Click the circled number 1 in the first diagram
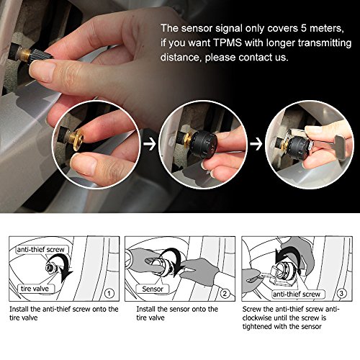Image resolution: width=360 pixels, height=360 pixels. point(109,293)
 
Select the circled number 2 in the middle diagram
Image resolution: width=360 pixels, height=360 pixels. point(225,293)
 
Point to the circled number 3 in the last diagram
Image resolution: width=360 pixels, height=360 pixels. point(341,293)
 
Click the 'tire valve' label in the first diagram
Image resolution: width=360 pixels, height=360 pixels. point(35,289)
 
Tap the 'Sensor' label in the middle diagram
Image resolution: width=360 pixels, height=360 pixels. point(153,289)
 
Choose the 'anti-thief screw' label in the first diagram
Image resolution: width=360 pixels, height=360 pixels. point(41,250)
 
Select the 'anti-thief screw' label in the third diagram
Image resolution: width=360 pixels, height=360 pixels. point(297,294)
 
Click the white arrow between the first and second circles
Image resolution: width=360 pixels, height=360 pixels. point(150,145)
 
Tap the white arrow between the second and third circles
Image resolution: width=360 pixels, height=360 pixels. point(256,144)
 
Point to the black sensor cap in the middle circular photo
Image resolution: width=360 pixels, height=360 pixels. point(204,145)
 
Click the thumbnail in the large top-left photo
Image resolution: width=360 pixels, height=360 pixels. point(41,70)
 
